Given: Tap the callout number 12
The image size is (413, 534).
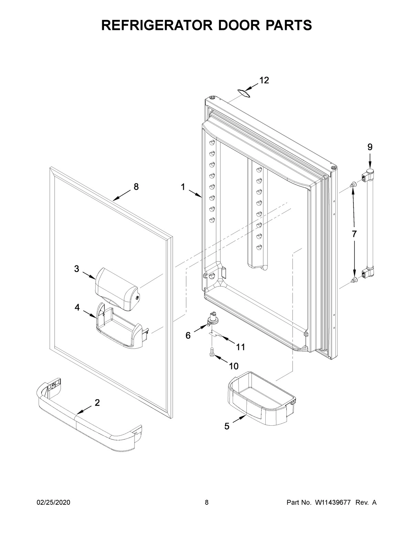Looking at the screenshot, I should [264, 80].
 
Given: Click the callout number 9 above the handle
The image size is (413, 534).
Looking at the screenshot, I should [370, 147].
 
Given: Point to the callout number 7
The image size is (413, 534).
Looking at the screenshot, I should [354, 234].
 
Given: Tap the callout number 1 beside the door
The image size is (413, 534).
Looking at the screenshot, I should [183, 187].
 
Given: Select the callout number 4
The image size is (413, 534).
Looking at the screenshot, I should [77, 308].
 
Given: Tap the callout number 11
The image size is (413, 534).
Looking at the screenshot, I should [241, 347].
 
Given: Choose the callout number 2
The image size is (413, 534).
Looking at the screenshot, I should [97, 403].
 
